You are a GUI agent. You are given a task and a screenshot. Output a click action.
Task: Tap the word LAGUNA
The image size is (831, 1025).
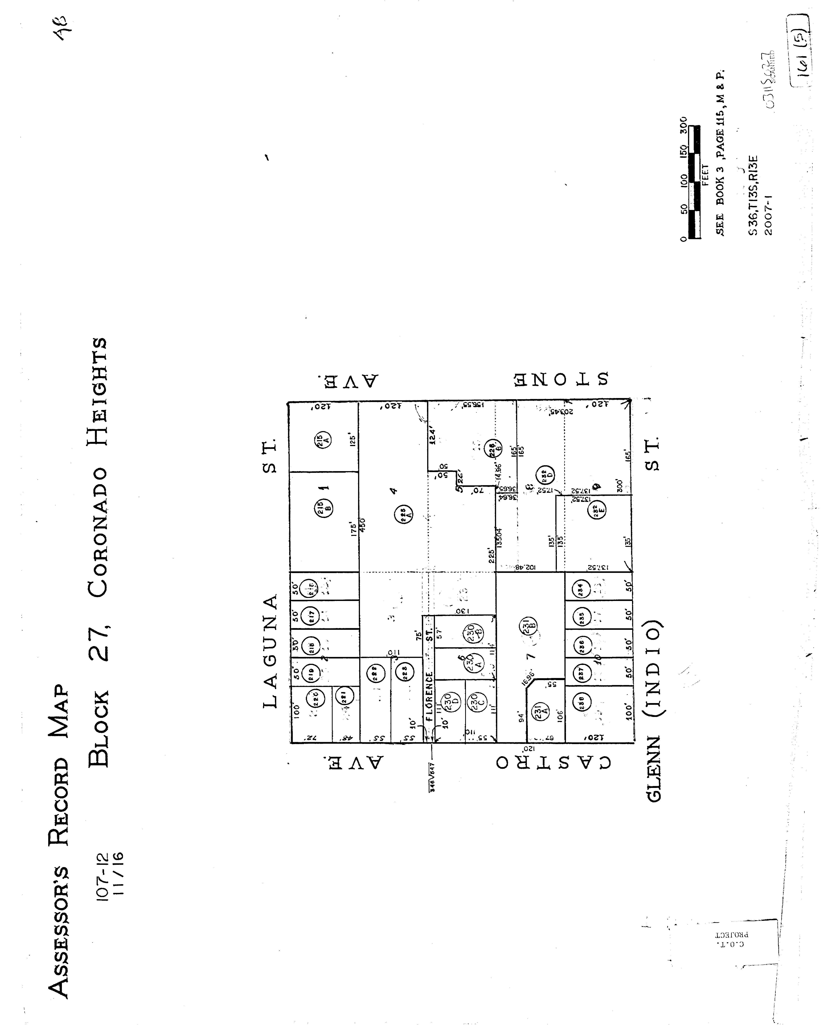click(x=271, y=651)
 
